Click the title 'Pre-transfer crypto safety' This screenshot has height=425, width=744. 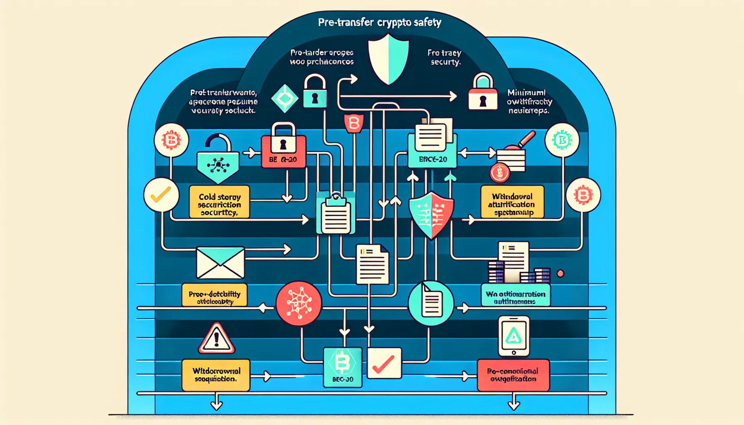(x=379, y=22)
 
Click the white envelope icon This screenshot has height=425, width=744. (x=220, y=263)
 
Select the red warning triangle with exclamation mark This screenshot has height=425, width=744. (x=216, y=338)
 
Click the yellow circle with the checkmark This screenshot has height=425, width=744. (x=161, y=195)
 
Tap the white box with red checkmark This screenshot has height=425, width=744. (x=384, y=363)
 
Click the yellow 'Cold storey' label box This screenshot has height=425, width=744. (x=219, y=202)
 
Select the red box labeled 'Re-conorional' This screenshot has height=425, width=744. (x=513, y=375)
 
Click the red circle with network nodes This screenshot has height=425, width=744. (x=299, y=303)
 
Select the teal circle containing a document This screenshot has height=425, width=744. (x=431, y=303)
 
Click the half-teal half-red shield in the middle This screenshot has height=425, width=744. (x=431, y=215)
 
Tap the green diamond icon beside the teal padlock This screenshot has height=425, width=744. (x=285, y=98)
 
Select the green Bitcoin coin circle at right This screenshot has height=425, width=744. (x=562, y=140)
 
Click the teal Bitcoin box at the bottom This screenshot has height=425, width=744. (x=343, y=367)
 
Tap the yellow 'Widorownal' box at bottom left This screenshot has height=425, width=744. (x=216, y=375)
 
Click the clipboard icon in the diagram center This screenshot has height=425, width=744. (x=335, y=215)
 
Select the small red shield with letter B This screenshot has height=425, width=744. (x=354, y=123)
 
